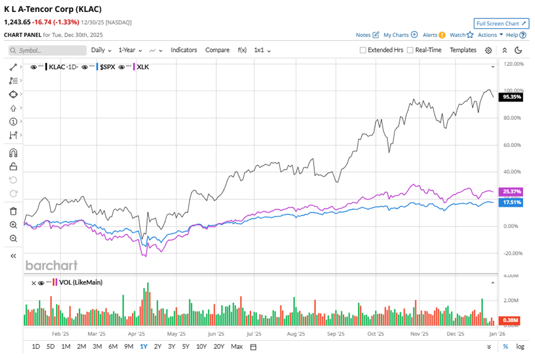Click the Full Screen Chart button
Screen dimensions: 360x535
[x=501, y=24]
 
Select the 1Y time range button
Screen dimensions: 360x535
[x=143, y=346]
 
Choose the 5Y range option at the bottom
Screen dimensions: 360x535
[x=186, y=346]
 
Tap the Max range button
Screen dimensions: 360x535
[x=237, y=346]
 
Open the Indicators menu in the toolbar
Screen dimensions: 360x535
[x=184, y=50]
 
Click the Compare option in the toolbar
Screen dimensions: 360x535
[x=218, y=50]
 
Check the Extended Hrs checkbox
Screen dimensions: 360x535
[x=363, y=50]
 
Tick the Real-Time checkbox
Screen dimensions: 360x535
[x=410, y=50]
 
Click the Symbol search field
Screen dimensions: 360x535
[x=47, y=50]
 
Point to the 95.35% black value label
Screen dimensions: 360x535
[x=511, y=96]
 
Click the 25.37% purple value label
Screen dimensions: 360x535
[x=511, y=192]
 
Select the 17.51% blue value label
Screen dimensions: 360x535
[x=511, y=202]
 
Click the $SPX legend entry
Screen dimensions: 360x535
[x=107, y=67]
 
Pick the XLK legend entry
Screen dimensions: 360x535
[x=142, y=67]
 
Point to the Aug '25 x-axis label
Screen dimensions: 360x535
[x=295, y=334]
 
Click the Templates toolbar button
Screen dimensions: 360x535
[x=463, y=50]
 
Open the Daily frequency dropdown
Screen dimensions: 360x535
[x=101, y=50]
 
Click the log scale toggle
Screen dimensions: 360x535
[x=520, y=346]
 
